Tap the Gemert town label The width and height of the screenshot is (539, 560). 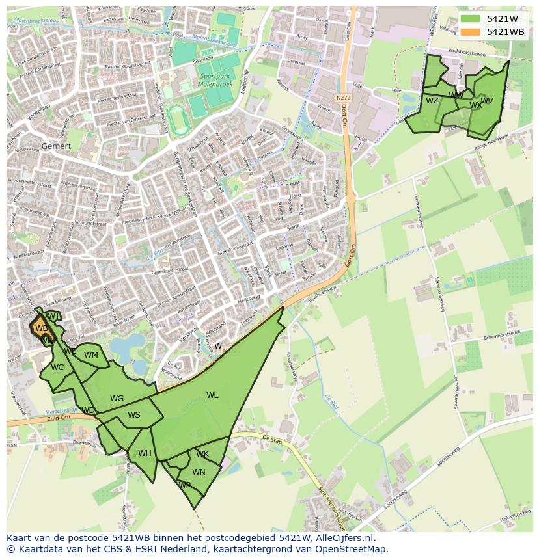[x=56, y=146]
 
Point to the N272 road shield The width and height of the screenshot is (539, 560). [x=343, y=98]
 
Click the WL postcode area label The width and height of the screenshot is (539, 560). [x=212, y=395]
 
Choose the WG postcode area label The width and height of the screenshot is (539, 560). [x=117, y=399]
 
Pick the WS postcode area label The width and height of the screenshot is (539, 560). [x=133, y=415]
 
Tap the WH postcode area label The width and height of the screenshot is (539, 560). [x=145, y=453]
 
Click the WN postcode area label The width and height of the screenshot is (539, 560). [x=199, y=472]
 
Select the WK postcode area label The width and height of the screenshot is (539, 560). [x=202, y=454]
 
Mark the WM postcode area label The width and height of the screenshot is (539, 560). [x=91, y=355]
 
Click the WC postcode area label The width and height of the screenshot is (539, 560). [x=57, y=367]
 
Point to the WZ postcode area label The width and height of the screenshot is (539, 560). [x=432, y=101]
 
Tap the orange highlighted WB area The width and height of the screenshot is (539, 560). [x=41, y=327]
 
